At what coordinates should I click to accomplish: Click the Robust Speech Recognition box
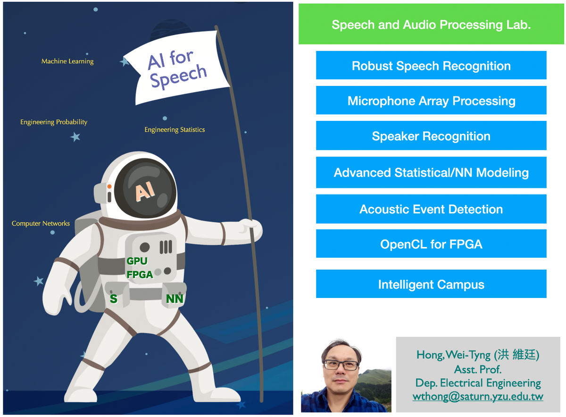click(x=431, y=65)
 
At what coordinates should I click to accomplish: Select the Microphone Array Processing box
click(x=431, y=100)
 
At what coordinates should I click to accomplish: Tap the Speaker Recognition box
click(x=431, y=136)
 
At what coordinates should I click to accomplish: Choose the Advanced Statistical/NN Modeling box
click(x=431, y=172)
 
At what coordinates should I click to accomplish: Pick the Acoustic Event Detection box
click(x=431, y=209)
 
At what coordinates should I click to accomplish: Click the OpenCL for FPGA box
click(x=431, y=244)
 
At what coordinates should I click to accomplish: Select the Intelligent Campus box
click(x=431, y=284)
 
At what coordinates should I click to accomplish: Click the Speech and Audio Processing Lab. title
click(x=431, y=24)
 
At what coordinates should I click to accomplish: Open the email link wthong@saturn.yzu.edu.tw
click(x=477, y=397)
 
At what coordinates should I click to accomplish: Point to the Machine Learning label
click(x=67, y=61)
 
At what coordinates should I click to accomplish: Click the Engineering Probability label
click(x=54, y=122)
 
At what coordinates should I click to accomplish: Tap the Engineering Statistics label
click(x=175, y=129)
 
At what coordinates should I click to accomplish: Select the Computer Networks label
click(x=41, y=223)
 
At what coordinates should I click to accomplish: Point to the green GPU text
click(x=137, y=261)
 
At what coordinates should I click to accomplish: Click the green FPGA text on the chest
click(x=140, y=274)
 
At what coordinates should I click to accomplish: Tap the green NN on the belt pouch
click(x=175, y=299)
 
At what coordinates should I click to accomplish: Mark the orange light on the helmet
click(x=109, y=187)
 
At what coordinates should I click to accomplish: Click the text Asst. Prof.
click(x=477, y=369)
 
